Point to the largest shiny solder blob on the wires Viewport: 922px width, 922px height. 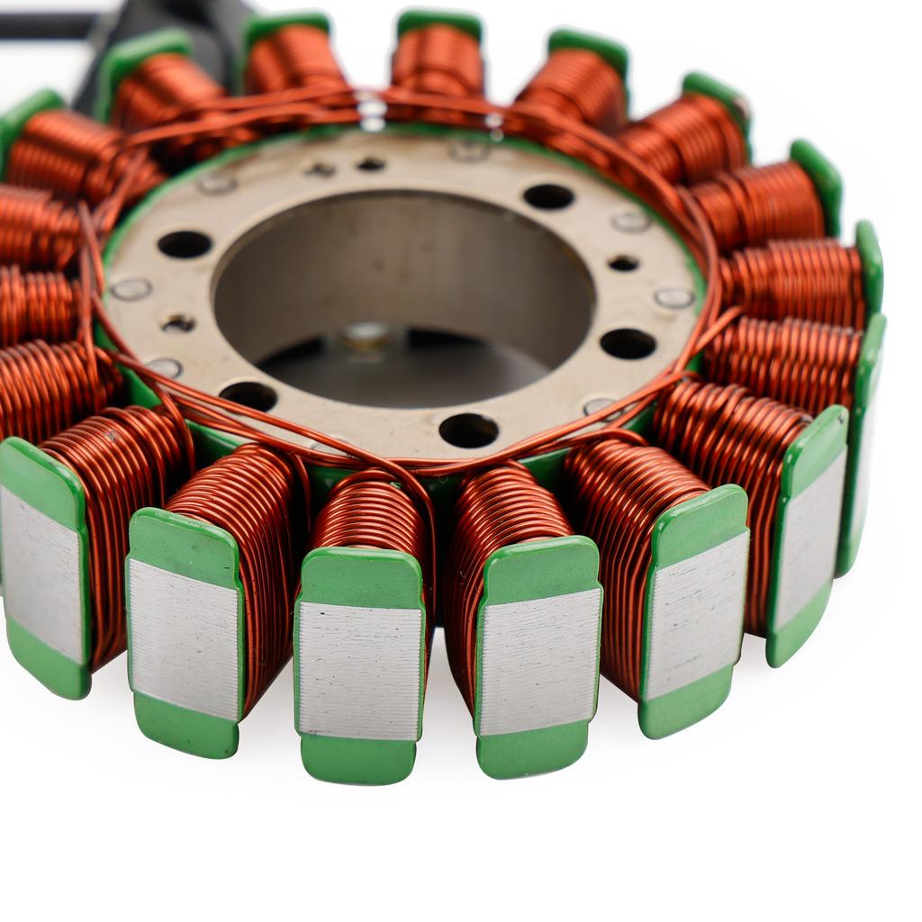click(x=370, y=110)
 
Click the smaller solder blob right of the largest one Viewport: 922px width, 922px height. click(x=493, y=122)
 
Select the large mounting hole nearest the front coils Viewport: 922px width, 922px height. click(x=468, y=429)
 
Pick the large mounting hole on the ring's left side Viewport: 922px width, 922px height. click(x=185, y=244)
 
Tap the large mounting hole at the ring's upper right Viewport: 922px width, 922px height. click(x=548, y=196)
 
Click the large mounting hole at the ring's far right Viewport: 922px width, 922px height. click(x=628, y=343)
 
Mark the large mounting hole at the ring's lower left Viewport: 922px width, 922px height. click(x=249, y=394)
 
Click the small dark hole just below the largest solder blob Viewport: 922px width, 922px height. click(x=370, y=165)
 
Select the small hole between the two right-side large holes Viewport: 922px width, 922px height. click(x=623, y=263)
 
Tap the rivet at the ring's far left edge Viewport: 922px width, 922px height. click(x=131, y=288)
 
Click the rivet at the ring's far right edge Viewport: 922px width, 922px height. click(x=673, y=298)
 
